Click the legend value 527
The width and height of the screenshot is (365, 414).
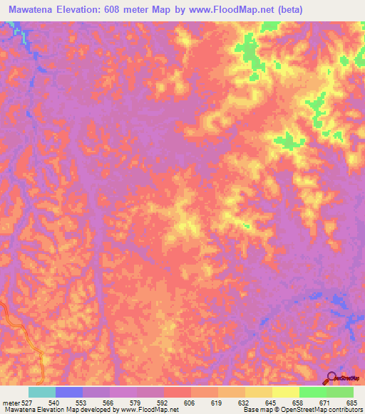coord(24,403)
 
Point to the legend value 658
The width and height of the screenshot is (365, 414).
coord(299,403)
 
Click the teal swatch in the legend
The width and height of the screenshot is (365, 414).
coord(42,392)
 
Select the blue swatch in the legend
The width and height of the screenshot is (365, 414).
coord(69,392)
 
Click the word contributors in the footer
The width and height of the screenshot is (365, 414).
coord(344,410)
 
